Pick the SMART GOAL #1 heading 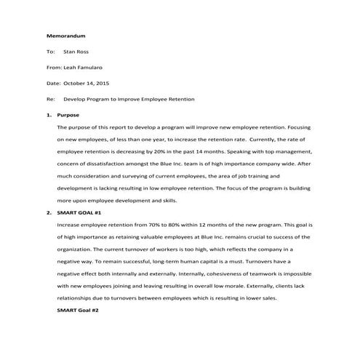click(79, 213)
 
